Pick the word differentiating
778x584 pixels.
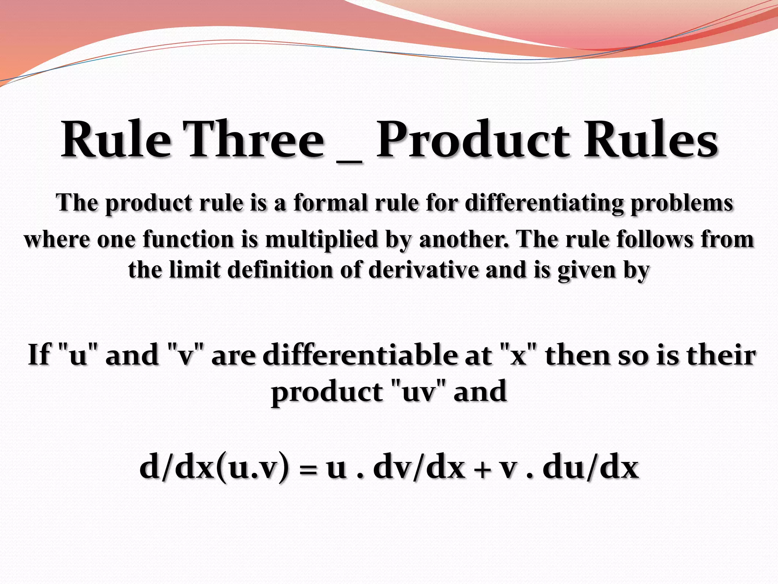544,203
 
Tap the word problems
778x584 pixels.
682,204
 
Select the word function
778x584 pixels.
188,240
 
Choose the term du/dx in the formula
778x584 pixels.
591,468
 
